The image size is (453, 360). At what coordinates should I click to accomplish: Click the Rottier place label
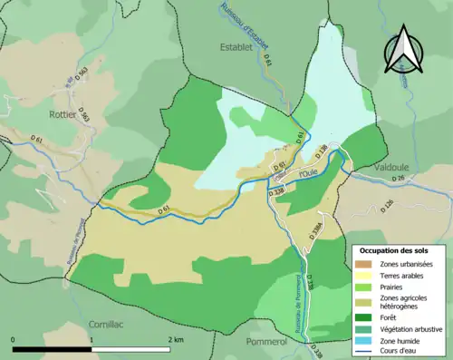[x=62, y=115]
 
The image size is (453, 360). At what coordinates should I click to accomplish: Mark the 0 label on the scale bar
[x=14, y=339]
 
